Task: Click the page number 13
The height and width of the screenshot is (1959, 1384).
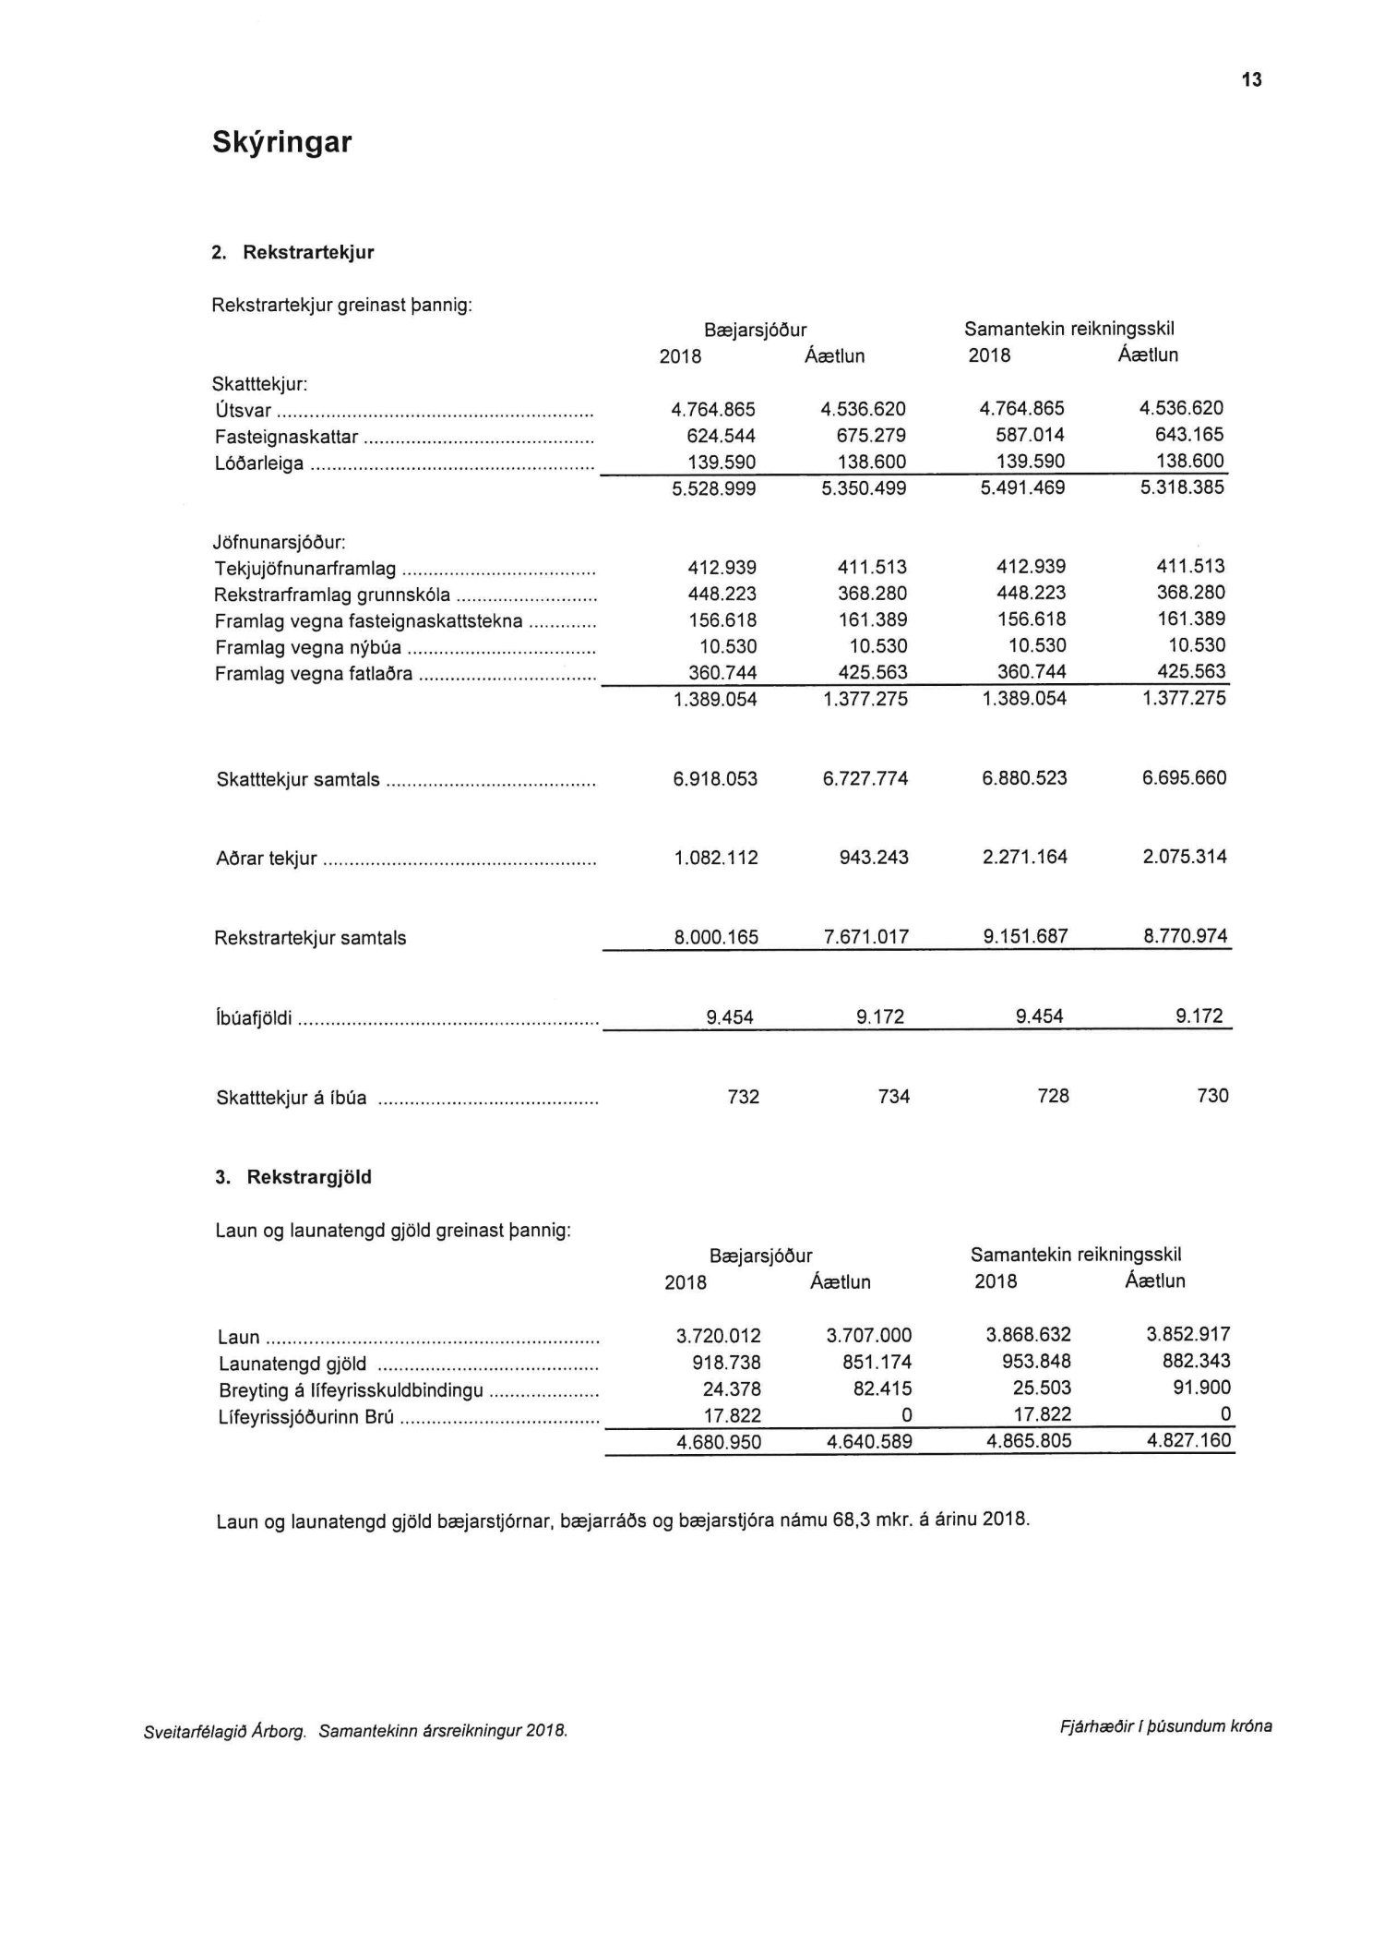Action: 1251,80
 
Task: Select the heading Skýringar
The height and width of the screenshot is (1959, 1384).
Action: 281,142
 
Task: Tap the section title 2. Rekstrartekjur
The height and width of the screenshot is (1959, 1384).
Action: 293,253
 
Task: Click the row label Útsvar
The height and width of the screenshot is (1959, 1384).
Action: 243,411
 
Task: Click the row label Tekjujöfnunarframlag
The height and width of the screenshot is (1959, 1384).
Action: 305,569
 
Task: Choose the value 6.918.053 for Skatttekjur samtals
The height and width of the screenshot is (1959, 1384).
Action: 715,779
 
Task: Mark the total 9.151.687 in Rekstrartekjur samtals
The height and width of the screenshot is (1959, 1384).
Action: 1025,937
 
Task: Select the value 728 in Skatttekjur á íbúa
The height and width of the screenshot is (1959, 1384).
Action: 1053,1096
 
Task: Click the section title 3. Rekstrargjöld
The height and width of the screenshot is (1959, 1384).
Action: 292,1178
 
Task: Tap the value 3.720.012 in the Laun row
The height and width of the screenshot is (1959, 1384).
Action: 718,1336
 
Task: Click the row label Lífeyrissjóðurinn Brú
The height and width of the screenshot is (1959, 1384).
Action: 306,1417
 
